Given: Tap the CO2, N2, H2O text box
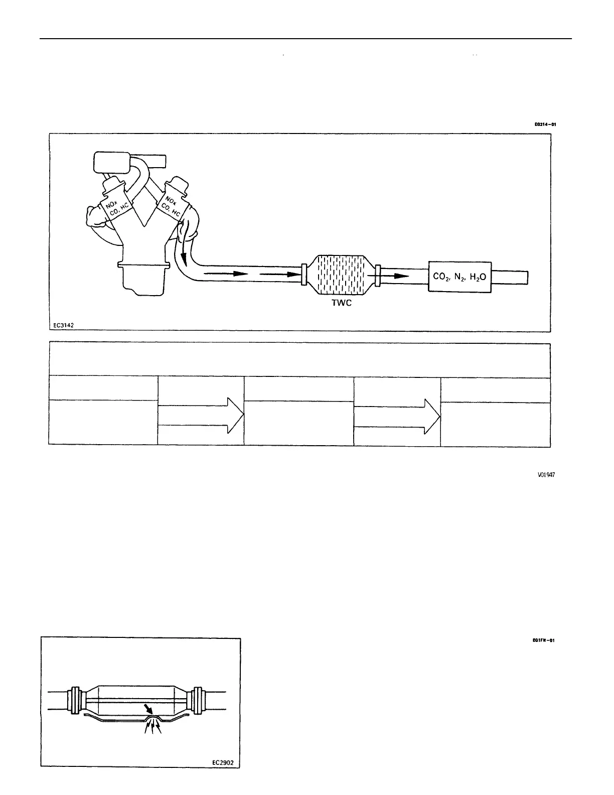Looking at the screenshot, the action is point(459,277).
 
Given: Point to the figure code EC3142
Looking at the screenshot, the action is point(65,325).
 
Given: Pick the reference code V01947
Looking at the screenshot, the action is point(545,474).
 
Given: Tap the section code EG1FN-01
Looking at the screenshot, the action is point(544,640).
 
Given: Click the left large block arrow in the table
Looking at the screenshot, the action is point(201,415).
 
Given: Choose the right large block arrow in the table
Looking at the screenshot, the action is point(397,416).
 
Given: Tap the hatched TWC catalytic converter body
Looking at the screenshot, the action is point(340,275).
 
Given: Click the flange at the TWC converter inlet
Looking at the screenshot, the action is point(304,275).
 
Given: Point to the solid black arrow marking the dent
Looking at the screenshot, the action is point(149,709).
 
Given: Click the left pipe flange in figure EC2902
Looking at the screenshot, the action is point(76,700).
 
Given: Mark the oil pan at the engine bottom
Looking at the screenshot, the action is point(143,279).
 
